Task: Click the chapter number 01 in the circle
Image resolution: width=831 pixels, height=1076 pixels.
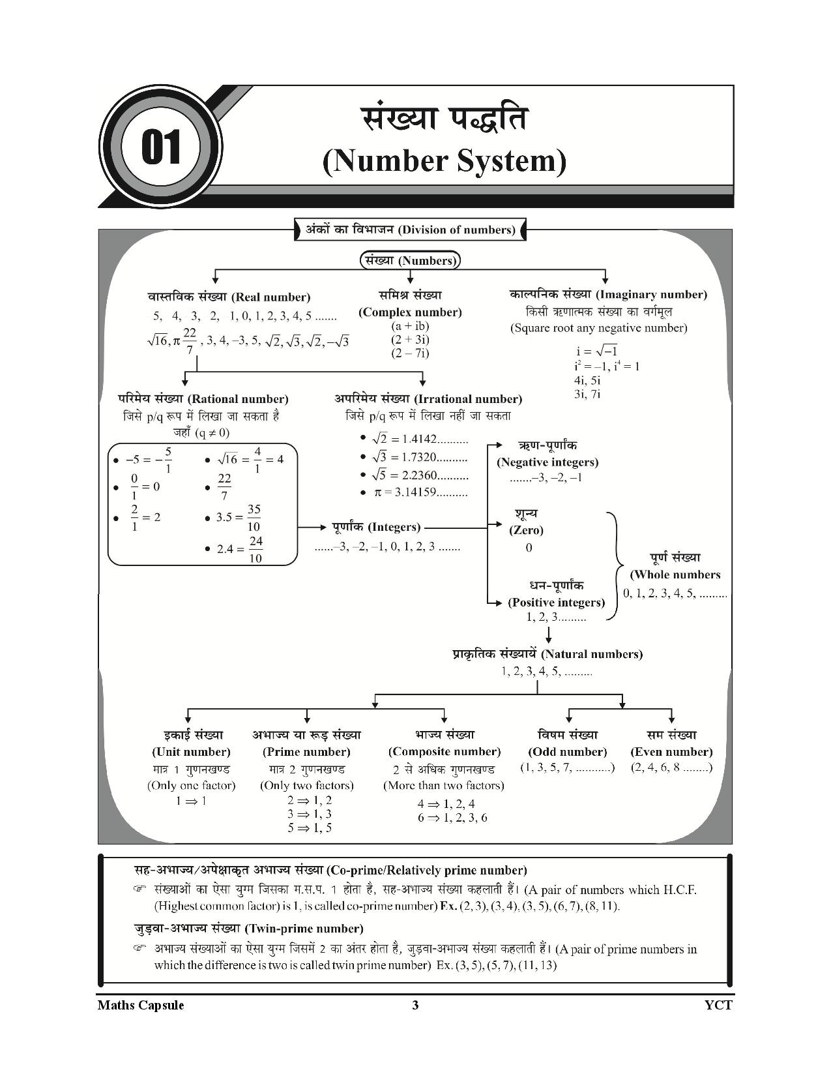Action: click(161, 147)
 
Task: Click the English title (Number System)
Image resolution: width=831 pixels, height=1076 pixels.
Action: click(445, 161)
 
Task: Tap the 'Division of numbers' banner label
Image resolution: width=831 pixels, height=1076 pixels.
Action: click(411, 230)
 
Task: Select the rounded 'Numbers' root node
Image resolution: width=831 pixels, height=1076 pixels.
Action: click(411, 261)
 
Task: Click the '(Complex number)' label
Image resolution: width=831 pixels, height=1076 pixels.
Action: click(410, 312)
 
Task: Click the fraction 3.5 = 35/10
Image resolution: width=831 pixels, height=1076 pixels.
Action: click(239, 518)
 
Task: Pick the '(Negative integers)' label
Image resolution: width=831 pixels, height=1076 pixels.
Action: click(547, 462)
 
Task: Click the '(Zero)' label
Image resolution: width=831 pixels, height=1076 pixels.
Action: click(526, 530)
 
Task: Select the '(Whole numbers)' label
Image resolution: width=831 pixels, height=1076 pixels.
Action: click(675, 575)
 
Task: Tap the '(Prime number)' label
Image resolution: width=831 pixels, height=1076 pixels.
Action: click(306, 752)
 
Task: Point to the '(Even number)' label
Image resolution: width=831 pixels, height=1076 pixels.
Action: click(671, 752)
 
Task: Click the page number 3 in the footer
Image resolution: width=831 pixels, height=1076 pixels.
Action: click(415, 1005)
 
